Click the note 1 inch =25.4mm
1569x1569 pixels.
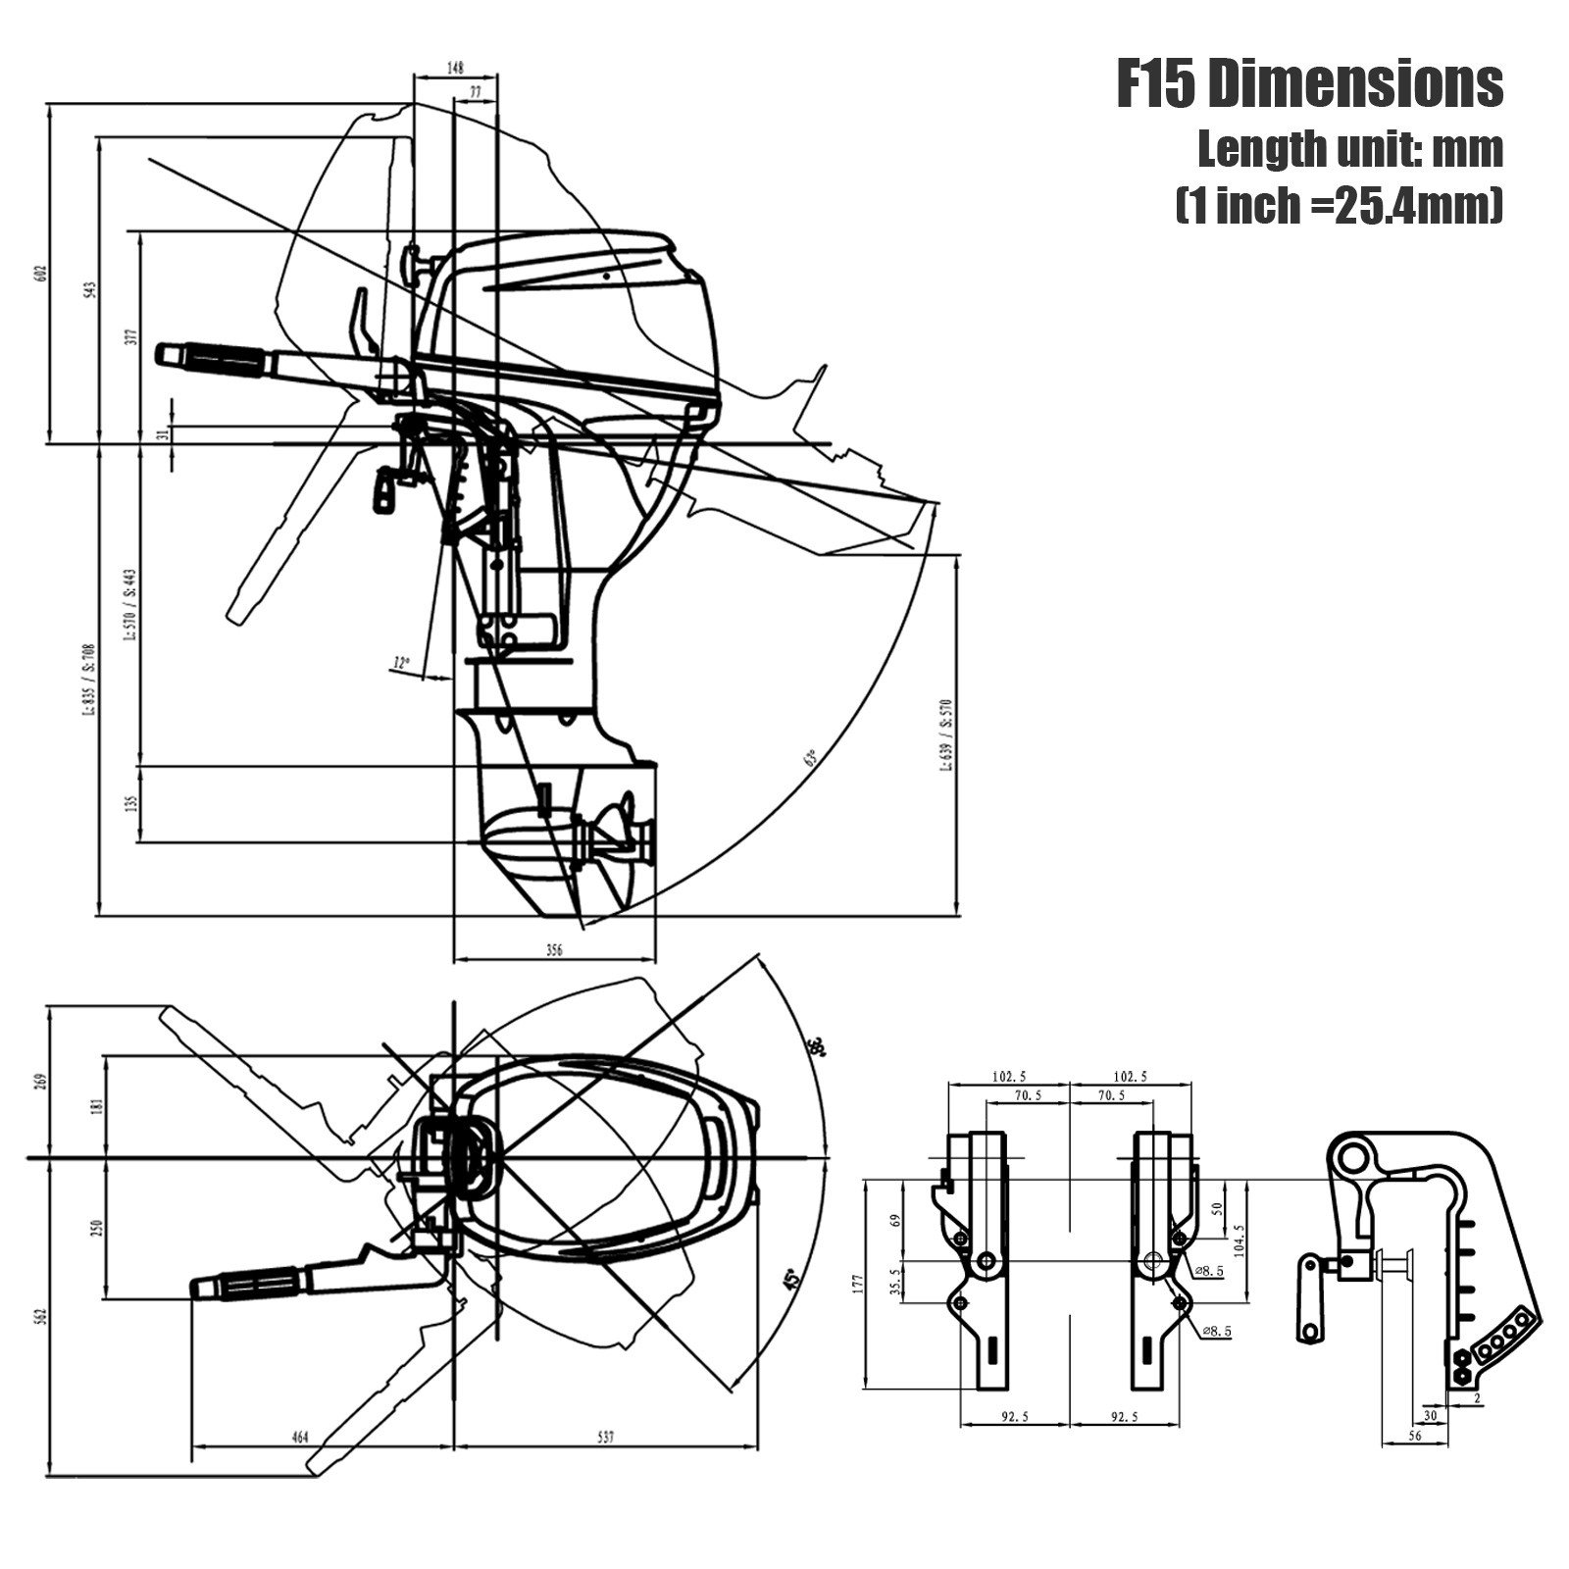[1339, 206]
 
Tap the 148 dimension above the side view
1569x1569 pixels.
[455, 68]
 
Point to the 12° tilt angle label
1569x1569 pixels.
[400, 664]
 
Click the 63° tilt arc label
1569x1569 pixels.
[810, 758]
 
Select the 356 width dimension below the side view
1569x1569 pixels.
[554, 950]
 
